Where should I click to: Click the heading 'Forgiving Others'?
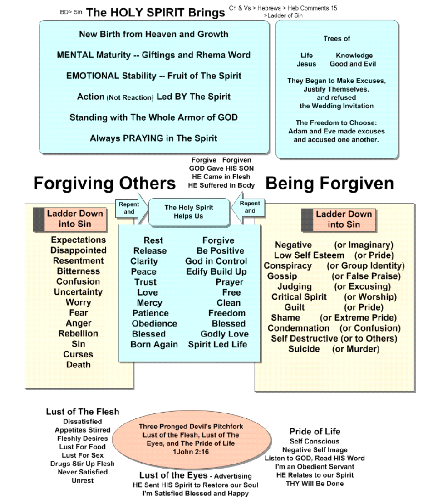[104, 183]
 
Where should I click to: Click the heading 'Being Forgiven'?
[330, 184]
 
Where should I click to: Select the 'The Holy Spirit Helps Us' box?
[189, 212]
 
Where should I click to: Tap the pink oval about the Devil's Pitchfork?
[192, 439]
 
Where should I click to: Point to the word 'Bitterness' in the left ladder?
[78, 271]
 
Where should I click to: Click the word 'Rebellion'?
[78, 334]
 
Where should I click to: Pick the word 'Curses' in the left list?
[78, 354]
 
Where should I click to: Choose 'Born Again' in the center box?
[154, 344]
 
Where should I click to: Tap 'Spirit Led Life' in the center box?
[217, 344]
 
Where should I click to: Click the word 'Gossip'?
[282, 276]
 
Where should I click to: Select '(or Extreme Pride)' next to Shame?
[358, 318]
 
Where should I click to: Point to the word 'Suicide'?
[304, 349]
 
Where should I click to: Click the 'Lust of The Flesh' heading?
[82, 412]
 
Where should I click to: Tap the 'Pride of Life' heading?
[315, 431]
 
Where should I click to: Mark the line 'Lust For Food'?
[82, 447]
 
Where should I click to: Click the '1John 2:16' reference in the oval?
[191, 452]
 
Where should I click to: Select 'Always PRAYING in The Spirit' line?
[154, 138]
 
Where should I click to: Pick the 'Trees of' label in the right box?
[336, 38]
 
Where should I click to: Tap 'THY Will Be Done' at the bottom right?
[315, 484]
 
